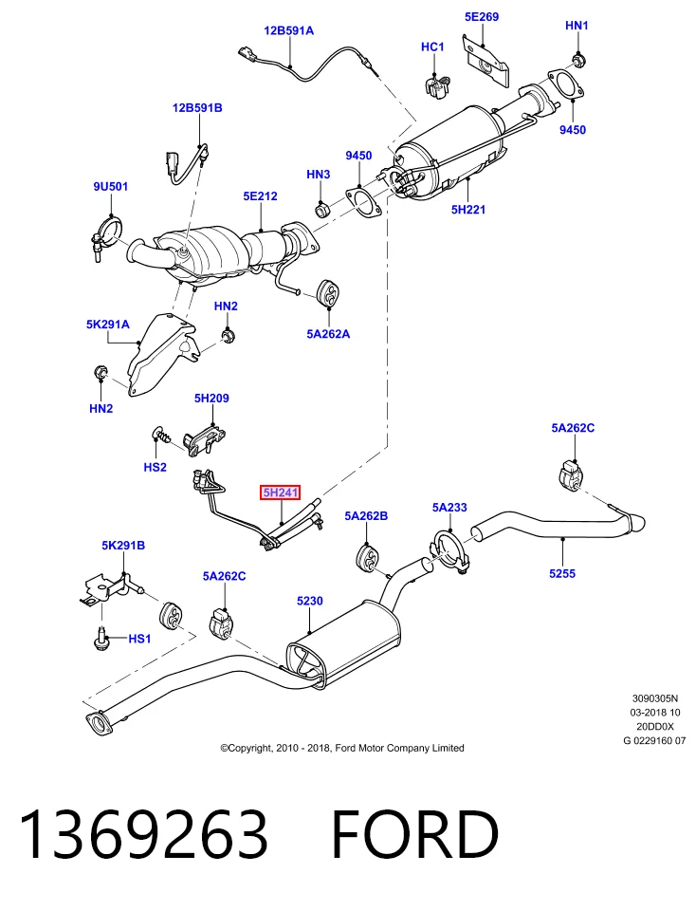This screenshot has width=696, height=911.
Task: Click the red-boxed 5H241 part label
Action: click(280, 493)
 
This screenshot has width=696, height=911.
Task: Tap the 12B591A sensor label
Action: click(288, 30)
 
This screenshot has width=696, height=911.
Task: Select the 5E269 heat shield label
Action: click(481, 17)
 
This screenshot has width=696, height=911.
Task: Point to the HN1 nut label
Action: click(577, 26)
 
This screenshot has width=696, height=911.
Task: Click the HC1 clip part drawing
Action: click(438, 85)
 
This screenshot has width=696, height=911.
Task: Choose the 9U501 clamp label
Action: click(110, 187)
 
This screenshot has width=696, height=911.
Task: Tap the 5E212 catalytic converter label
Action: click(260, 196)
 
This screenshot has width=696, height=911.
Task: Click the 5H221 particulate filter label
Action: click(467, 210)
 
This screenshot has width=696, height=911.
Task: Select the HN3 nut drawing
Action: click(322, 209)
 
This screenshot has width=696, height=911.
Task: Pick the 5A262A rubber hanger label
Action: click(328, 334)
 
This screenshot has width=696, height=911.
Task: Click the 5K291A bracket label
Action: click(108, 325)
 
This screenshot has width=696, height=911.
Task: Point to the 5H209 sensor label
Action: click(211, 399)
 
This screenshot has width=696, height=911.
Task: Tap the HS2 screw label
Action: click(155, 467)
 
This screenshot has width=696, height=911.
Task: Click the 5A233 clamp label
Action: click(449, 508)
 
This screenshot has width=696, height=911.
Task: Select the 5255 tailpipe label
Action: click(562, 574)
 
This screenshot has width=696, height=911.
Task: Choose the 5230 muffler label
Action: click(309, 602)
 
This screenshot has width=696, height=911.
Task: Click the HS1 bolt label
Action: click(139, 639)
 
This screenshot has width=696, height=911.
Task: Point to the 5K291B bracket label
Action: click(123, 546)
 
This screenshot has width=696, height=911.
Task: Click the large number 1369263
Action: click(144, 834)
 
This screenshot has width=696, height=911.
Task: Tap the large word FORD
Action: click(415, 834)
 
